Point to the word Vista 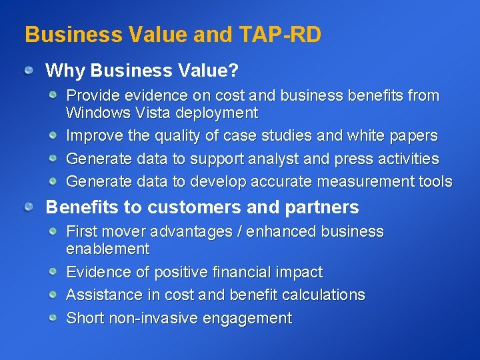[x=147, y=113]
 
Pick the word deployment [x=213, y=113]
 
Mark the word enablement [x=107, y=249]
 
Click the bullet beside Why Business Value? [x=28, y=70]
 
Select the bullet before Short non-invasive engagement [x=52, y=317]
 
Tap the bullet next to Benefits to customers [x=28, y=207]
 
